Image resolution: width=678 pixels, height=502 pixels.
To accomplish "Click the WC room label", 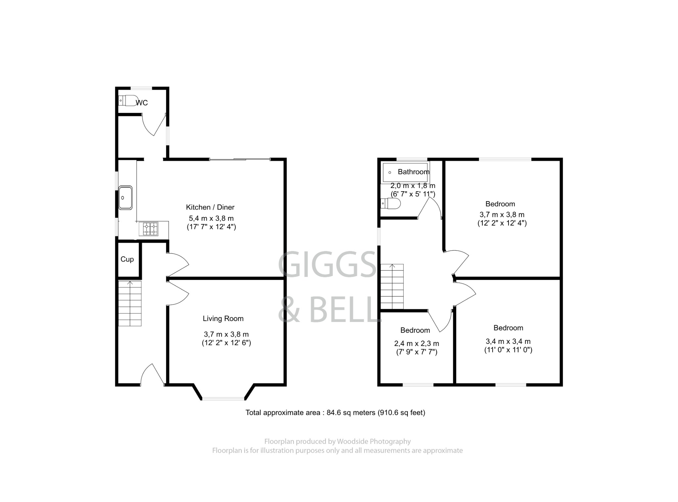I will click(x=142, y=103).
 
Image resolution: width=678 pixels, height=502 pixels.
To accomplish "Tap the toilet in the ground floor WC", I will click(x=127, y=100).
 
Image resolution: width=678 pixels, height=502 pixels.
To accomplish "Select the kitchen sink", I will click(x=125, y=198).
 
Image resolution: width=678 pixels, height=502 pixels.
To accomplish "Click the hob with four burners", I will click(x=150, y=229).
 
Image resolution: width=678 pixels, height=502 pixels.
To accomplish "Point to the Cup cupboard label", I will click(x=127, y=259).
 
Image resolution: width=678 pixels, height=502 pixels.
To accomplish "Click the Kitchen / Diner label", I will click(x=210, y=207).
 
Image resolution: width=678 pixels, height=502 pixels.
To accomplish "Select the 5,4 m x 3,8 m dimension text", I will click(x=211, y=218).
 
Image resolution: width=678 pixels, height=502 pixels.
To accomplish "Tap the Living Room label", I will click(x=223, y=319).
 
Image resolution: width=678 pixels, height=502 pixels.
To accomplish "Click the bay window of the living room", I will click(x=223, y=398).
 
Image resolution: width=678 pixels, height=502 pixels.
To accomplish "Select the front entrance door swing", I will click(x=152, y=375).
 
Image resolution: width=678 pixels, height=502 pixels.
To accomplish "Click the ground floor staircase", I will click(x=130, y=303).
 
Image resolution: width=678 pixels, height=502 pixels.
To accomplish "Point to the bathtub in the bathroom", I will click(x=405, y=172).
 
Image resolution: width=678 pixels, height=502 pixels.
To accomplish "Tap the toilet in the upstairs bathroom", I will click(x=391, y=203).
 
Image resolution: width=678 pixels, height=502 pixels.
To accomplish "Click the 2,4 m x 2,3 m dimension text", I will click(x=416, y=344).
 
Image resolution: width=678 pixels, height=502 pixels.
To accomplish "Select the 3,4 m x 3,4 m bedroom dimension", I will click(x=508, y=342).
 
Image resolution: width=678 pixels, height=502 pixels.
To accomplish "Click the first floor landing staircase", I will click(x=392, y=287).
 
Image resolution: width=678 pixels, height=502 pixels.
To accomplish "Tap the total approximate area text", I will click(x=335, y=413).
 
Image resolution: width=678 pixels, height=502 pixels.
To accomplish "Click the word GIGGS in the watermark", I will click(x=327, y=264).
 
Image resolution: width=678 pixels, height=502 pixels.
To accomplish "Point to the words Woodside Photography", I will click(x=374, y=441).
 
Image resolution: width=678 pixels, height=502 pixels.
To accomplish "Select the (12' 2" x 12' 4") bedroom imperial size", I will click(x=502, y=223).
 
